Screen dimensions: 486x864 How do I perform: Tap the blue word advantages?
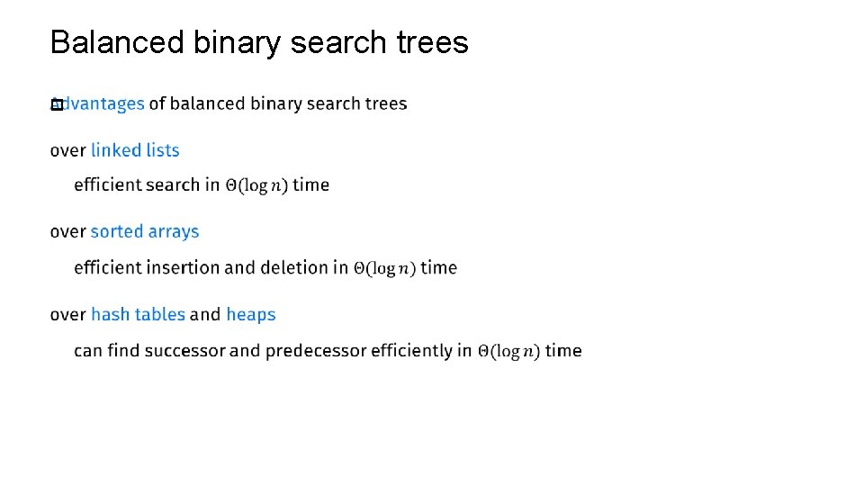point(103,103)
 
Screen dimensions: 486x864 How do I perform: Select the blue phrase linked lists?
point(135,150)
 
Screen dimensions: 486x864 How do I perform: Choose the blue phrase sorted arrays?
point(145,231)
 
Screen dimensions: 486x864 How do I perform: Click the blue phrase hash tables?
point(138,314)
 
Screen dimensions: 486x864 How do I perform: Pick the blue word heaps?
point(251,314)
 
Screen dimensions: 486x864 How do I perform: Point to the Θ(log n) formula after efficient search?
point(256,185)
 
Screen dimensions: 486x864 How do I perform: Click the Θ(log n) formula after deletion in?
point(384,268)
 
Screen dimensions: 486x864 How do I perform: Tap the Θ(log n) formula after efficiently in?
point(508,351)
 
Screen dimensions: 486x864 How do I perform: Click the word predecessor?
point(316,350)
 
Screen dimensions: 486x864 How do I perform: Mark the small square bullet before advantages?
point(56,104)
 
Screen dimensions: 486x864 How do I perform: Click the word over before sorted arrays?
point(67,231)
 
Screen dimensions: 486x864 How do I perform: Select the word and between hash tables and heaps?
point(205,314)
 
